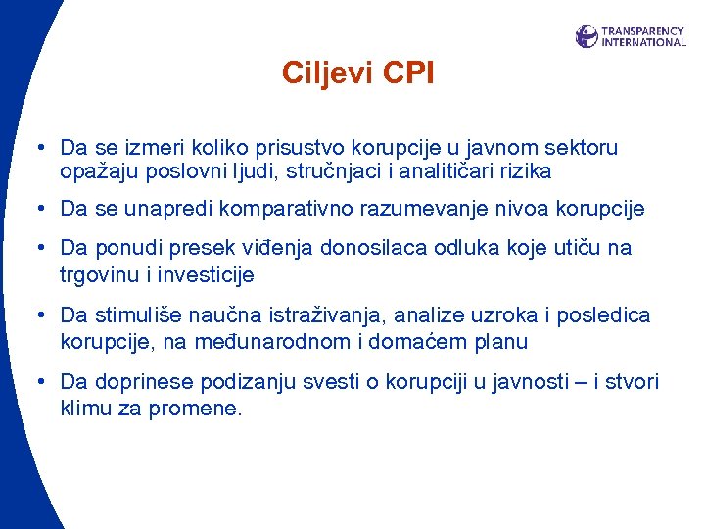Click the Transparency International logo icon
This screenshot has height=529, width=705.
[x=587, y=36]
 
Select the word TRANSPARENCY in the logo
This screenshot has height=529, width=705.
[x=642, y=31]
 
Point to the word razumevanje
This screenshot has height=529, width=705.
[x=420, y=209]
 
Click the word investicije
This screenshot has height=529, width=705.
[x=200, y=275]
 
